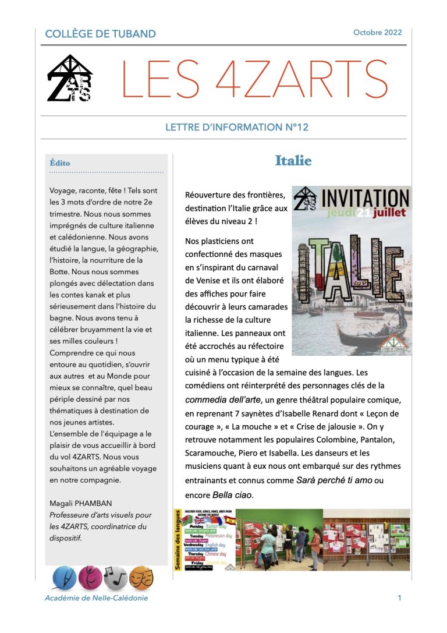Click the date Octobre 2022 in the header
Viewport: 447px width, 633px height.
click(x=377, y=33)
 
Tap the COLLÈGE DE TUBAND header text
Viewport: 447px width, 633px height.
click(x=101, y=34)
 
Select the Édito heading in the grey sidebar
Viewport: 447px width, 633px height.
click(x=61, y=163)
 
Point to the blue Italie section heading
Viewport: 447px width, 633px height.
click(x=293, y=161)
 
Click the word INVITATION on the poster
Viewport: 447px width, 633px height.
click(x=365, y=198)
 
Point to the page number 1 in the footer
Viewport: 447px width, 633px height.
click(x=399, y=598)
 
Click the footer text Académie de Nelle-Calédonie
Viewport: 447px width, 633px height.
click(x=96, y=598)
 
